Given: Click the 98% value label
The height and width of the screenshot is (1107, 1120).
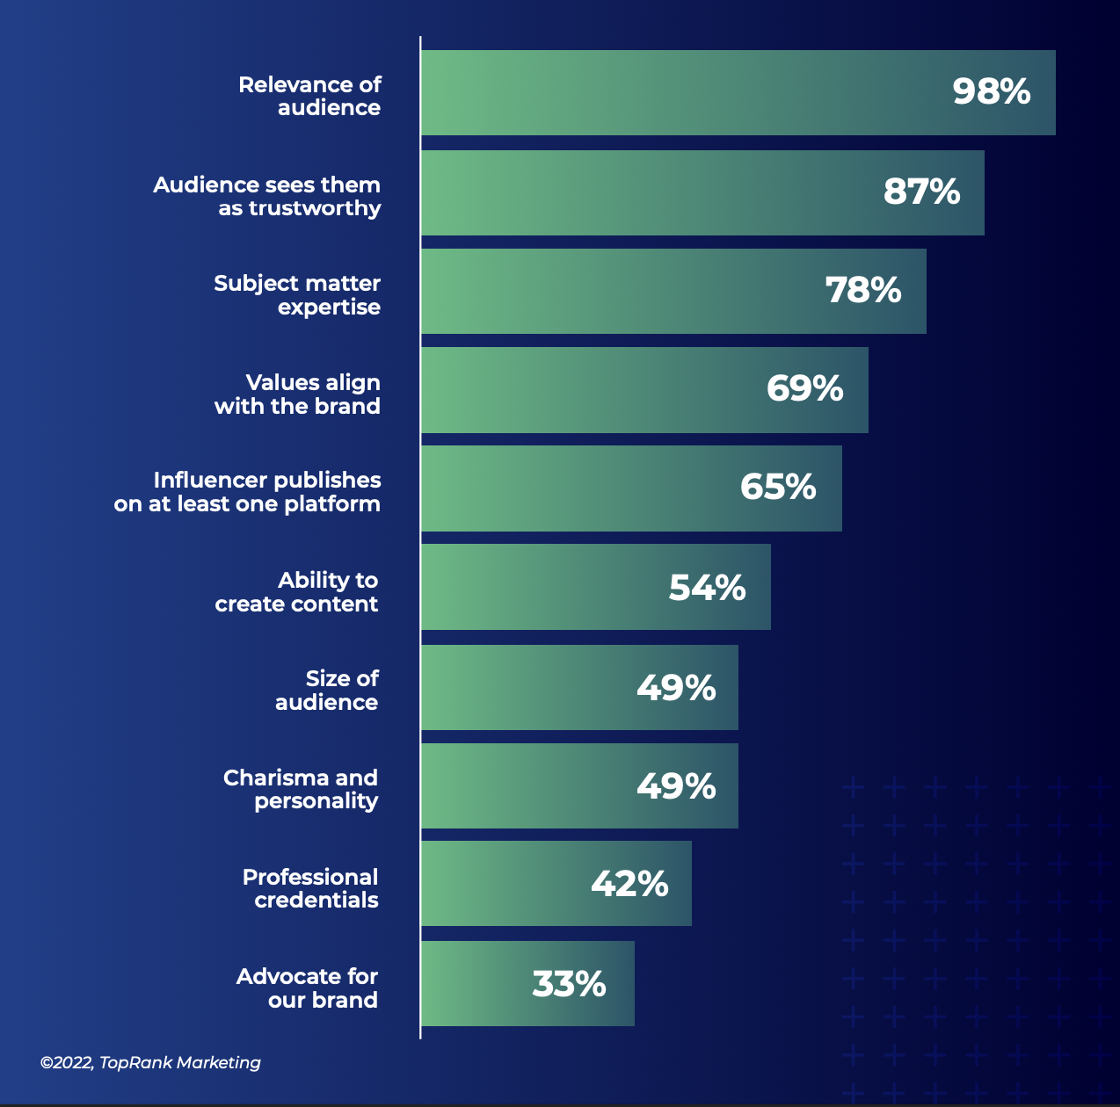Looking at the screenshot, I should (x=991, y=92).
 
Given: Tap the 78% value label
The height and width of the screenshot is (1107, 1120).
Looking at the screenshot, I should (x=862, y=291).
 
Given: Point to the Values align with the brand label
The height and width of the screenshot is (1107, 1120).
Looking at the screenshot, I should (x=297, y=394).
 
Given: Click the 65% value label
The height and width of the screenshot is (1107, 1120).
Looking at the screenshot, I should (x=777, y=488).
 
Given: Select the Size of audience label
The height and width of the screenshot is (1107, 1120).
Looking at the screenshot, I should (x=326, y=691).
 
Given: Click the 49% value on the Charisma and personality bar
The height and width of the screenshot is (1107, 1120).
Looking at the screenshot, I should (x=675, y=786).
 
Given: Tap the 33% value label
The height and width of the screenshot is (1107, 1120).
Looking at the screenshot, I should (x=569, y=984).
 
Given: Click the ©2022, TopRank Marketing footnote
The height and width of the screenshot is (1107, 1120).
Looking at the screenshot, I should (x=150, y=1062).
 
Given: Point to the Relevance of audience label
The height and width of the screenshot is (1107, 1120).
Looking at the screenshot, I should (x=309, y=97).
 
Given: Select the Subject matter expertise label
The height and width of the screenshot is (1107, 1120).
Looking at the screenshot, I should (x=297, y=295).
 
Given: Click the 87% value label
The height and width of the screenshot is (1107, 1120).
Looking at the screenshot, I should (x=920, y=192).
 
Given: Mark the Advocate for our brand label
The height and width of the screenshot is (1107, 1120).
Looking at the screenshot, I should (x=307, y=988).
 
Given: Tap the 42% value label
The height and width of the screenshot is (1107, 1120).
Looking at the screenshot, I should (x=629, y=884).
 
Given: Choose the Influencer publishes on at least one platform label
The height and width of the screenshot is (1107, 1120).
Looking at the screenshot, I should (x=247, y=492).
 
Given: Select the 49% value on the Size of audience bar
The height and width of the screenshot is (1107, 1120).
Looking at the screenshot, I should (x=675, y=688).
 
